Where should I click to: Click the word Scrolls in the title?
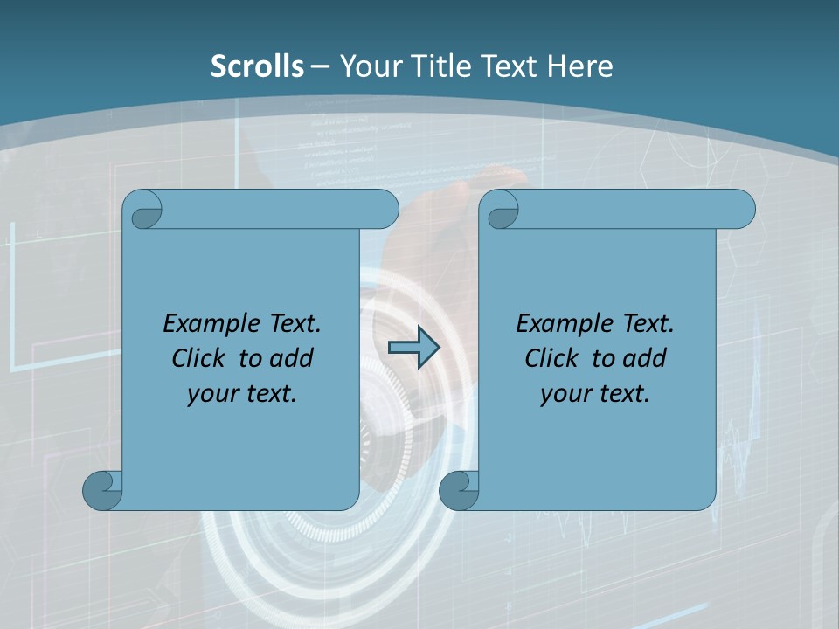point(257,66)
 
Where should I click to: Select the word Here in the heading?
point(579,66)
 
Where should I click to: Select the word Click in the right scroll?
point(551,358)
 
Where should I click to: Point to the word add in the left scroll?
point(292,358)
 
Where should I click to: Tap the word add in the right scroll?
point(645,358)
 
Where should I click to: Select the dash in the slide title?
point(320,66)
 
